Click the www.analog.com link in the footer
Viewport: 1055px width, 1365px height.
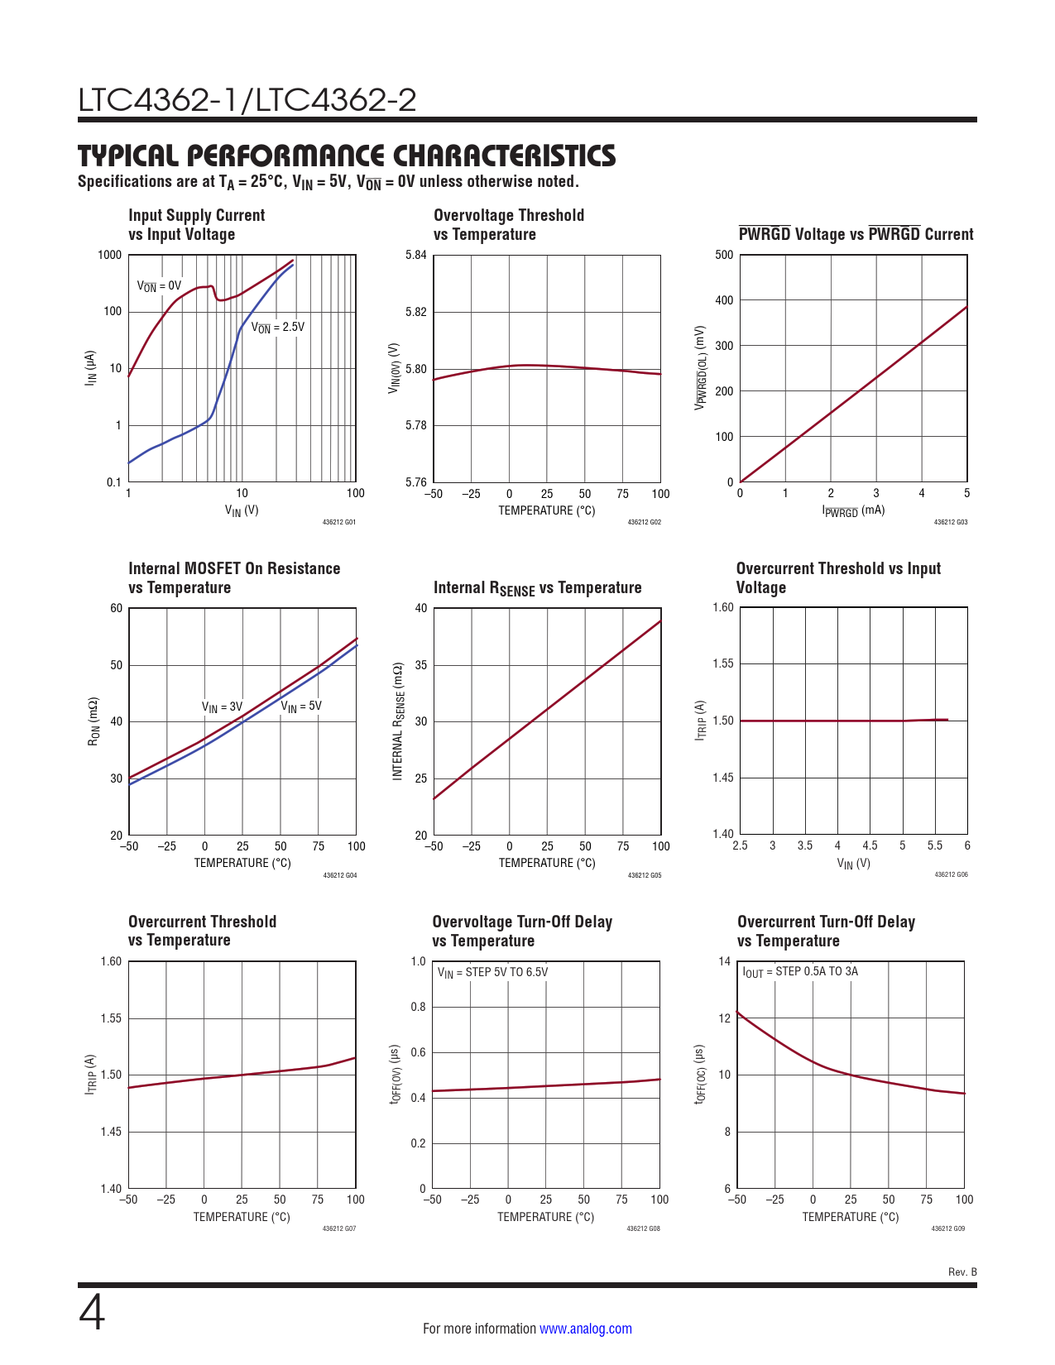(585, 1329)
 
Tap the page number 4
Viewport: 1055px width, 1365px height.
(92, 1314)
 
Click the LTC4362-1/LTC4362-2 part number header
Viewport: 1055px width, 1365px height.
(247, 100)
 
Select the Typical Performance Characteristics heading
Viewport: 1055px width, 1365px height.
(347, 156)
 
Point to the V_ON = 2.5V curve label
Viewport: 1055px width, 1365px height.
(278, 328)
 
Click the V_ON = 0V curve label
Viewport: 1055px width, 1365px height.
(159, 286)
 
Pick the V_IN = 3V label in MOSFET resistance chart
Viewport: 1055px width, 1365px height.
(222, 707)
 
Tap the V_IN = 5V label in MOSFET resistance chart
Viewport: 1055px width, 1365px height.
(301, 706)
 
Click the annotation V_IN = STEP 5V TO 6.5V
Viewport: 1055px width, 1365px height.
(492, 972)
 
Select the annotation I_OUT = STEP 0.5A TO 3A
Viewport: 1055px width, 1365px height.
(800, 972)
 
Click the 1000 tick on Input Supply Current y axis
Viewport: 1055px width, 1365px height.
(109, 255)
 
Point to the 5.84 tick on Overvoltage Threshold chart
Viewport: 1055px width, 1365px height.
(416, 255)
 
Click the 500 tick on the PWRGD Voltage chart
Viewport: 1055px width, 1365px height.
(724, 255)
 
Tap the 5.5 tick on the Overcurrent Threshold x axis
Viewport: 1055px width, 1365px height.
(935, 845)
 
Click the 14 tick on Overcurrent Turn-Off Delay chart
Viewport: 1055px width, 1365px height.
(725, 961)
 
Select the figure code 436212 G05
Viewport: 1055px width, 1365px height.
(644, 875)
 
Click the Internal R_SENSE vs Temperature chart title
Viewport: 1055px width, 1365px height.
(537, 588)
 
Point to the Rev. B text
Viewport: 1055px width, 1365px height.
(962, 1272)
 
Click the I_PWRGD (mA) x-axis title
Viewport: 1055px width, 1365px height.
(853, 511)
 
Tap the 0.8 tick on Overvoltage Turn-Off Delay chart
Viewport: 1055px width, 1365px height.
(418, 1007)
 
